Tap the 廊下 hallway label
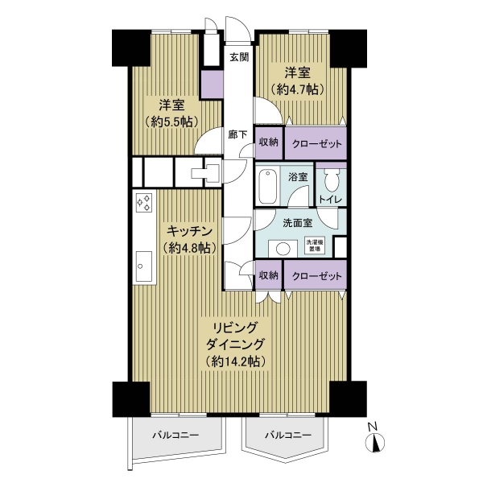237,135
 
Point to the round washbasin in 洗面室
282,247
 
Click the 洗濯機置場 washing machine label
315,246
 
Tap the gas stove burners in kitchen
144,203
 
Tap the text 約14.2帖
235,361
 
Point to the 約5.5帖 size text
171,122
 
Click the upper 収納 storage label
269,142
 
